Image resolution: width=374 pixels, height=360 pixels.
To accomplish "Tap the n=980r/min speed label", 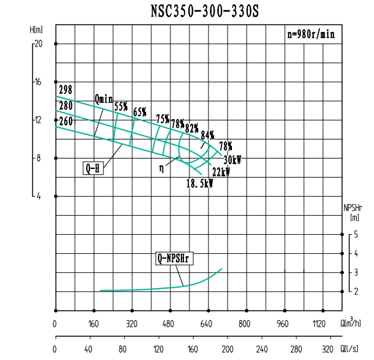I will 311,34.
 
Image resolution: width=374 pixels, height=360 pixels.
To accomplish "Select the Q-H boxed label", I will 93,168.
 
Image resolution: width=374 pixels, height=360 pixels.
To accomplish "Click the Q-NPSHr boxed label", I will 174,259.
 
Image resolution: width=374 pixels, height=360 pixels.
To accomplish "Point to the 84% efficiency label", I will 207,135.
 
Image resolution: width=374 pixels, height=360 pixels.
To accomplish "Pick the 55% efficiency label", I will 121,107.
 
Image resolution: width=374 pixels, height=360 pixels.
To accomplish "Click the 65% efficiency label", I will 140,112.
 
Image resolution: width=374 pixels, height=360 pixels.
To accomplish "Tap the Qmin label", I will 104,98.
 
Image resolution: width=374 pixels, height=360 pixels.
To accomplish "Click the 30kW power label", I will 232,160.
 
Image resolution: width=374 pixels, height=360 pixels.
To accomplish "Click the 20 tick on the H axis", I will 38,44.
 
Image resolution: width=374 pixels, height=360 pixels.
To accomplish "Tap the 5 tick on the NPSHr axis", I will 356,234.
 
